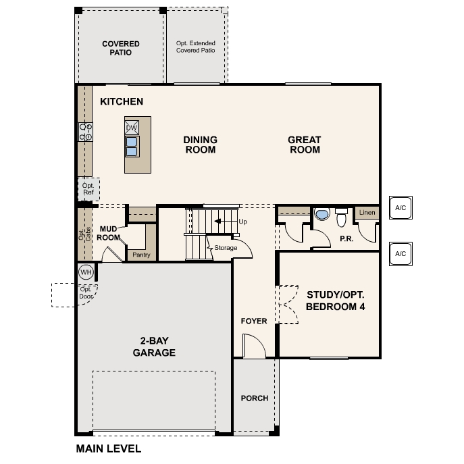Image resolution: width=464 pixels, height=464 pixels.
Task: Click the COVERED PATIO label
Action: (121, 49)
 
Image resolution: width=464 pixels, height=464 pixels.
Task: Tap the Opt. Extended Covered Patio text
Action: (196, 47)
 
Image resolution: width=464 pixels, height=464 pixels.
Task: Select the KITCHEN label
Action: (122, 102)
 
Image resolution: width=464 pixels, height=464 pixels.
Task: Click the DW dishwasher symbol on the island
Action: (132, 128)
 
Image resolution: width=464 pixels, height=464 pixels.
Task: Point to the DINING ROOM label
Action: (200, 145)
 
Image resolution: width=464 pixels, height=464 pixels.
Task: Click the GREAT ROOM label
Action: (305, 145)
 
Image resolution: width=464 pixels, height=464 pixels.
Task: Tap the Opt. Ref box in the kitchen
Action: (88, 188)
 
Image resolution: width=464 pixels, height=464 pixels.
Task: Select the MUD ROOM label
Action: (109, 233)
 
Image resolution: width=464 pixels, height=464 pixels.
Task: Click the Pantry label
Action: (141, 255)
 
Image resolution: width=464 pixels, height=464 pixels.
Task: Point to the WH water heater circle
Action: (85, 272)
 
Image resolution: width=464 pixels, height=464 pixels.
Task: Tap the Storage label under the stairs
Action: (226, 248)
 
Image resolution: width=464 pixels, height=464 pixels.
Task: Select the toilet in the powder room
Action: (341, 217)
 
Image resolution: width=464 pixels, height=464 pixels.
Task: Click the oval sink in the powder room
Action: (323, 215)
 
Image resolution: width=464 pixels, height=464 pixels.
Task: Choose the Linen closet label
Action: (367, 213)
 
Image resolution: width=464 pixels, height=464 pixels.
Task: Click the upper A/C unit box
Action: (400, 209)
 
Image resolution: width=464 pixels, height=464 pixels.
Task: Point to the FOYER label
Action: (254, 321)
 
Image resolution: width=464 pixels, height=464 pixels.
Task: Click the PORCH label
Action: (255, 398)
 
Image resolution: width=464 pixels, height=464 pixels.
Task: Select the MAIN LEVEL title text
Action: (109, 448)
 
